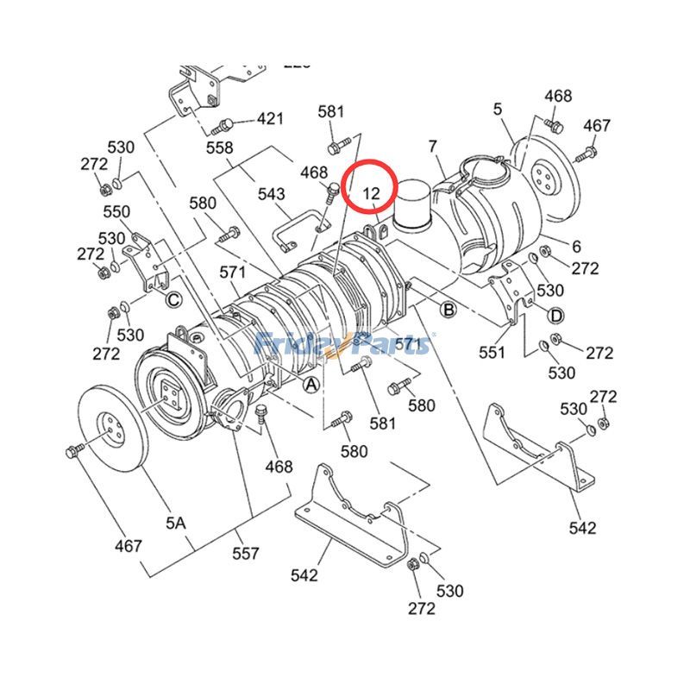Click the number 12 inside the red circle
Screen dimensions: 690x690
[x=371, y=192]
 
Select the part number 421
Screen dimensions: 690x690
[x=270, y=118]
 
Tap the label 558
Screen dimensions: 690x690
[x=219, y=148]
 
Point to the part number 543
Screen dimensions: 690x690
[x=272, y=193]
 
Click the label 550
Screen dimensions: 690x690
[x=116, y=211]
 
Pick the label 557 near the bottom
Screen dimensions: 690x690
[x=246, y=554]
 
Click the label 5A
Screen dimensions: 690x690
[x=175, y=523]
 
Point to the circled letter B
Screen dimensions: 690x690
[x=448, y=308]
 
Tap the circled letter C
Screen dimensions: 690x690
[x=173, y=300]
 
